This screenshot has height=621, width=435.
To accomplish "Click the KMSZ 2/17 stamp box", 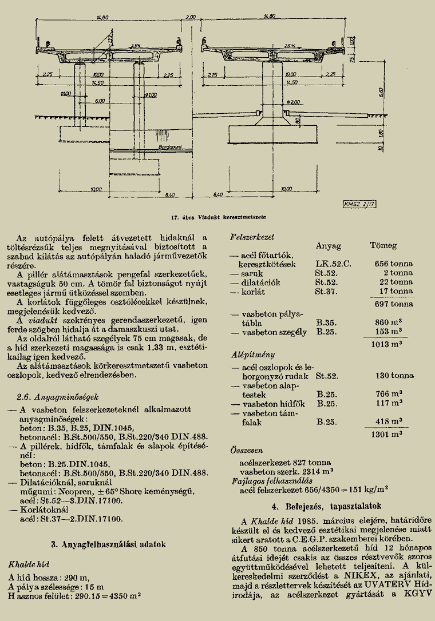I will click(359, 203).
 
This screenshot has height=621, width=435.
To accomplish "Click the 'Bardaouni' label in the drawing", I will click(170, 148).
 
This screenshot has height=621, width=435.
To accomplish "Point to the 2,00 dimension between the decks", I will click(190, 17).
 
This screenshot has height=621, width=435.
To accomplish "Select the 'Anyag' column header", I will click(328, 246).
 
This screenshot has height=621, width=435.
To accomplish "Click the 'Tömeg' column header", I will click(383, 246).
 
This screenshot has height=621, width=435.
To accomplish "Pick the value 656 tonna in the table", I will click(394, 264).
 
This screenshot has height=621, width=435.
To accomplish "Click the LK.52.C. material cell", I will click(333, 264).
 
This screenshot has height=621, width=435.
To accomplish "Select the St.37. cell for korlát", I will click(326, 291).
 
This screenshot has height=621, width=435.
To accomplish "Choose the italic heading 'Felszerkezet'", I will click(252, 236).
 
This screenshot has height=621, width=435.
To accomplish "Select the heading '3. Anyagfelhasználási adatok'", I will click(109, 544).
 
